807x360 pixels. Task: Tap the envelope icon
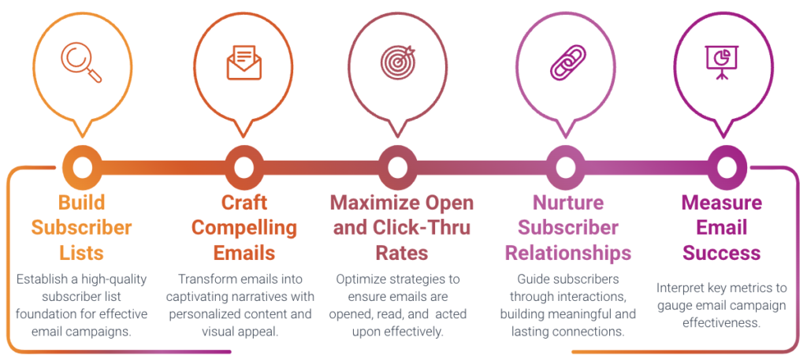[x=244, y=62]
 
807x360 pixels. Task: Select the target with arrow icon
[x=399, y=61]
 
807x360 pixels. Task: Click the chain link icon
[x=567, y=62]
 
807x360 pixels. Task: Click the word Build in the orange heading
[x=82, y=203]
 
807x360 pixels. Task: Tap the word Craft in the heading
[x=244, y=203]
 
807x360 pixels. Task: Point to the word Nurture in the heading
[x=568, y=203]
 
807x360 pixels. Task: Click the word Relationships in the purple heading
[x=568, y=253]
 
